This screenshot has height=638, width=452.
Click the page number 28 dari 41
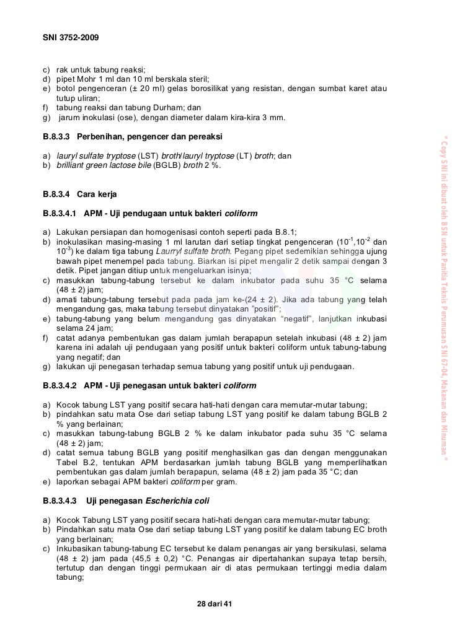[213, 604]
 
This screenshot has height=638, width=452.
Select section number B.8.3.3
[56, 135]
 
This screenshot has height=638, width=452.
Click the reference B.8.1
[285, 231]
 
